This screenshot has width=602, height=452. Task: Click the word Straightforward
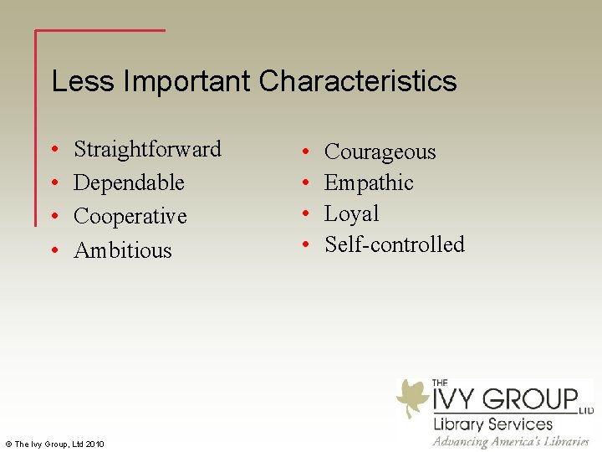click(147, 149)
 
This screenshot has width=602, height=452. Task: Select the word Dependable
click(129, 182)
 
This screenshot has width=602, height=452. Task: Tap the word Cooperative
click(130, 216)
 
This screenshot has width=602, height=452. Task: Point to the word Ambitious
click(122, 250)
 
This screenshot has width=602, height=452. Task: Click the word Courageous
click(380, 152)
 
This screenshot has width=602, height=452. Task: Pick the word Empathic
click(369, 182)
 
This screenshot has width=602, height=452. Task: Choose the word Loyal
click(351, 213)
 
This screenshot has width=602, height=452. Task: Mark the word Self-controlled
click(394, 244)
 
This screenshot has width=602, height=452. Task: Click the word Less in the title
click(83, 81)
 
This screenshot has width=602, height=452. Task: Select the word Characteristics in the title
click(358, 81)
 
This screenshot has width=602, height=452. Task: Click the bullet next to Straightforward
click(53, 150)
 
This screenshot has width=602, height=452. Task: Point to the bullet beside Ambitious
click(53, 251)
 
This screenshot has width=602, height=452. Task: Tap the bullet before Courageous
click(307, 152)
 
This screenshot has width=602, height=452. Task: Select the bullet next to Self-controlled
click(307, 245)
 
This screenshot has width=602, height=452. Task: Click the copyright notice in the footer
click(54, 443)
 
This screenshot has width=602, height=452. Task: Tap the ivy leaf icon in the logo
click(412, 398)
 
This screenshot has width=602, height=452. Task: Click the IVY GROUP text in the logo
click(504, 398)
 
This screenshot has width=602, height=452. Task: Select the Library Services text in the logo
click(492, 424)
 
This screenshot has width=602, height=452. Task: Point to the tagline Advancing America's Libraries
click(511, 441)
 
